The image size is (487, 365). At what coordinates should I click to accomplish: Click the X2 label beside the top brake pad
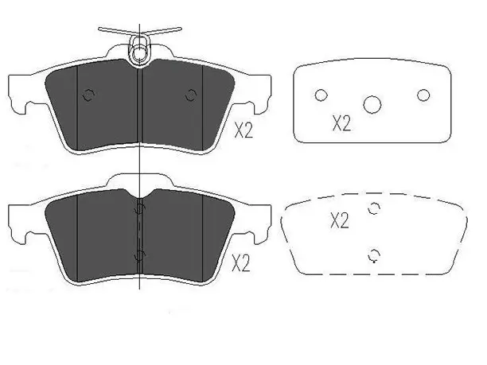click(243, 130)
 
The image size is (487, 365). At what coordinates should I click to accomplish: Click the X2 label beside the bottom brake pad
click(241, 264)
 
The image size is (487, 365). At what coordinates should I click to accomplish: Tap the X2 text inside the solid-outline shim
click(341, 123)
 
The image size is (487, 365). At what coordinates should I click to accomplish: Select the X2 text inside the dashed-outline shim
click(340, 221)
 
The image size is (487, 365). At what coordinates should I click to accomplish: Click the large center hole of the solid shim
click(372, 105)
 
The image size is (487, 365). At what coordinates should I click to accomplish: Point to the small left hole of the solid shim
click(321, 95)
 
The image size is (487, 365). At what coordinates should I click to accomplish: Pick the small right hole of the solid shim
click(423, 95)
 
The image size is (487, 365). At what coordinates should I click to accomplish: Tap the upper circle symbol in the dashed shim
click(374, 208)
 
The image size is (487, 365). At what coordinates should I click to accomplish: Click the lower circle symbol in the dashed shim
click(374, 255)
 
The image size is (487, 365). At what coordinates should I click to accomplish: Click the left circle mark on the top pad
click(88, 95)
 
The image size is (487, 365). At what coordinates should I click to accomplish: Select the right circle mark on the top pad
click(191, 95)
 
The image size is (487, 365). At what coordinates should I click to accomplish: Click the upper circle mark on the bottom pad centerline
click(139, 209)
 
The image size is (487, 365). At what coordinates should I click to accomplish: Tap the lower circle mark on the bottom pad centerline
click(139, 255)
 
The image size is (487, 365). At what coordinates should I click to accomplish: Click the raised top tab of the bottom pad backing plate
click(139, 180)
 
